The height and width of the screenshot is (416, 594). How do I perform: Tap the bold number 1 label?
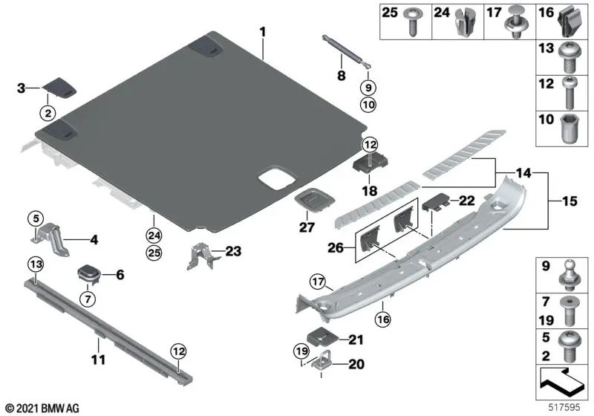point(261,31)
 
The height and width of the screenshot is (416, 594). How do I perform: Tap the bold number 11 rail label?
point(97,360)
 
